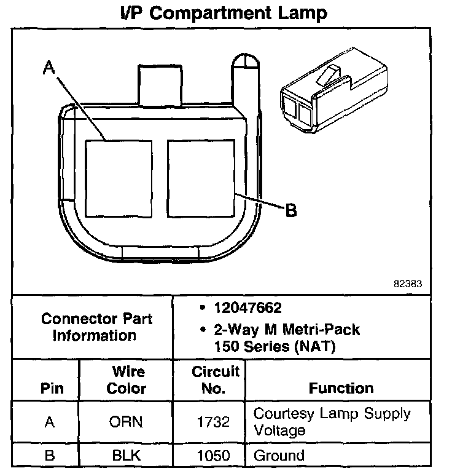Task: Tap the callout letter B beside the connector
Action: pyautogui.click(x=290, y=211)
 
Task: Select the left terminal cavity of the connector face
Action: pyautogui.click(x=118, y=178)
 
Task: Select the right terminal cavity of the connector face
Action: pyautogui.click(x=201, y=178)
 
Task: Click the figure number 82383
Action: pyautogui.click(x=408, y=285)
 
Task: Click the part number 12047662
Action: pyautogui.click(x=247, y=307)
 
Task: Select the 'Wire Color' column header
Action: pyautogui.click(x=127, y=380)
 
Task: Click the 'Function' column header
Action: pyautogui.click(x=341, y=389)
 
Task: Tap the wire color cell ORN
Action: pyautogui.click(x=127, y=422)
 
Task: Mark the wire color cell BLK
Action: pyautogui.click(x=127, y=456)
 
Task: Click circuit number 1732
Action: pyautogui.click(x=215, y=422)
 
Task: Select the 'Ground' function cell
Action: pyautogui.click(x=279, y=456)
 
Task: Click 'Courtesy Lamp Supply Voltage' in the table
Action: pyautogui.click(x=332, y=421)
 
